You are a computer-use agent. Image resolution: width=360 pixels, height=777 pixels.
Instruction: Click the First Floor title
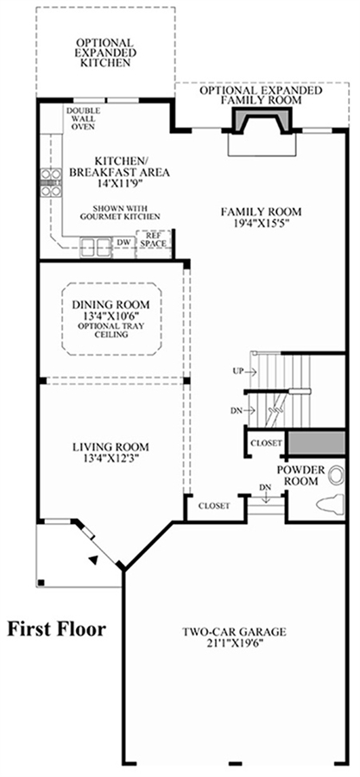(x=56, y=629)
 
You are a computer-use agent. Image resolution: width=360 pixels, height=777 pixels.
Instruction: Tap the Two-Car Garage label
(x=234, y=632)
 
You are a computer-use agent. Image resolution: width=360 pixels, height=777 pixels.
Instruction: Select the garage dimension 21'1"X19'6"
(x=235, y=643)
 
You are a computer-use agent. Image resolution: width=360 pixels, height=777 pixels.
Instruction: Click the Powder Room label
(x=300, y=475)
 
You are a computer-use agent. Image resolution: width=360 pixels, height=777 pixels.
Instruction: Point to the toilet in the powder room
(x=329, y=504)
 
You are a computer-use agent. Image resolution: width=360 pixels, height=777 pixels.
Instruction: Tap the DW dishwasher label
(x=123, y=243)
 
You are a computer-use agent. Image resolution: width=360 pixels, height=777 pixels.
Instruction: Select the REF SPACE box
(x=154, y=240)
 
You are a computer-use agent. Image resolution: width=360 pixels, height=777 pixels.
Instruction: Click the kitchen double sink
(x=96, y=246)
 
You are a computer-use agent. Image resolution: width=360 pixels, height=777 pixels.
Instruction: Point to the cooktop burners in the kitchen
(x=51, y=182)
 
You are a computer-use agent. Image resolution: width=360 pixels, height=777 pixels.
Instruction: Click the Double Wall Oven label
(x=83, y=118)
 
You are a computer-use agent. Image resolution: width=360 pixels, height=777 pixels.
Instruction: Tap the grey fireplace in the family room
(x=261, y=121)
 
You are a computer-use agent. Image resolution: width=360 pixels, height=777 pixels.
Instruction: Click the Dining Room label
(x=111, y=305)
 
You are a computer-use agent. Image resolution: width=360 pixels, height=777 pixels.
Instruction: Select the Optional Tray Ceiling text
(x=110, y=330)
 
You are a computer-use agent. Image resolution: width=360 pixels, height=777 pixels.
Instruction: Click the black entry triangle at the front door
(x=92, y=559)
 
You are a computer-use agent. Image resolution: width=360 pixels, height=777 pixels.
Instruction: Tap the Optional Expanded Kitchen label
(x=104, y=53)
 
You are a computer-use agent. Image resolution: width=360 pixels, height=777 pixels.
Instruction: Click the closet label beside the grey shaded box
(x=267, y=443)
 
